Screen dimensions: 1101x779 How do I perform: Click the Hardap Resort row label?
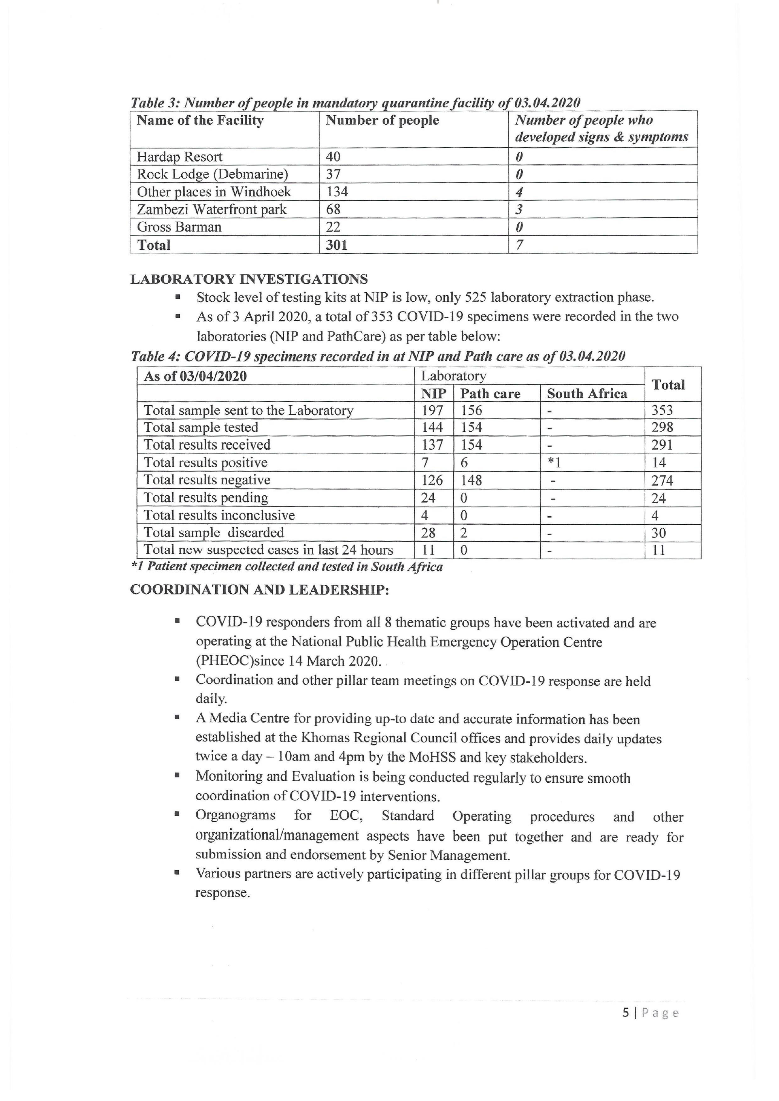[179, 157]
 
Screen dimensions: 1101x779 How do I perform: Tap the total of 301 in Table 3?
[336, 245]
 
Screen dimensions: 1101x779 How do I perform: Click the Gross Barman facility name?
[179, 227]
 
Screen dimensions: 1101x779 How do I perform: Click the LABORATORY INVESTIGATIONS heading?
[249, 279]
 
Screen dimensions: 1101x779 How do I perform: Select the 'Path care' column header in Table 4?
[490, 394]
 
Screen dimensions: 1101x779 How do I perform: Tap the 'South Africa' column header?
[587, 394]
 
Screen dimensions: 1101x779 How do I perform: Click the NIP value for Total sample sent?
[432, 411]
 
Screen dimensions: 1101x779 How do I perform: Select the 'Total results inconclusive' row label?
[219, 516]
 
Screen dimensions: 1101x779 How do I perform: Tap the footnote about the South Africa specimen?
[287, 567]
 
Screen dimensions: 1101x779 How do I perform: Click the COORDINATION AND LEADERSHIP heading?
[260, 590]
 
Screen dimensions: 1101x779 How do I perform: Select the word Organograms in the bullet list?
[235, 816]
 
